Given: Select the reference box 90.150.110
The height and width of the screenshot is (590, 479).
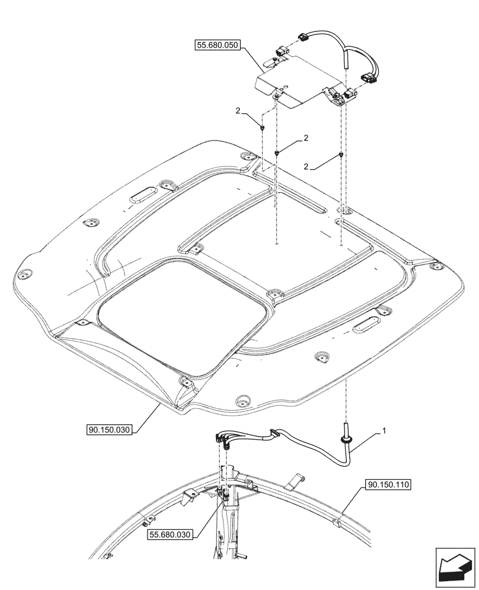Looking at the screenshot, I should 388,485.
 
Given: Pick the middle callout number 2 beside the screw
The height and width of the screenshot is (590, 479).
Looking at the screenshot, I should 306,138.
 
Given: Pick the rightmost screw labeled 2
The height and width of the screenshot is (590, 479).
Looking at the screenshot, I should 342,155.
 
